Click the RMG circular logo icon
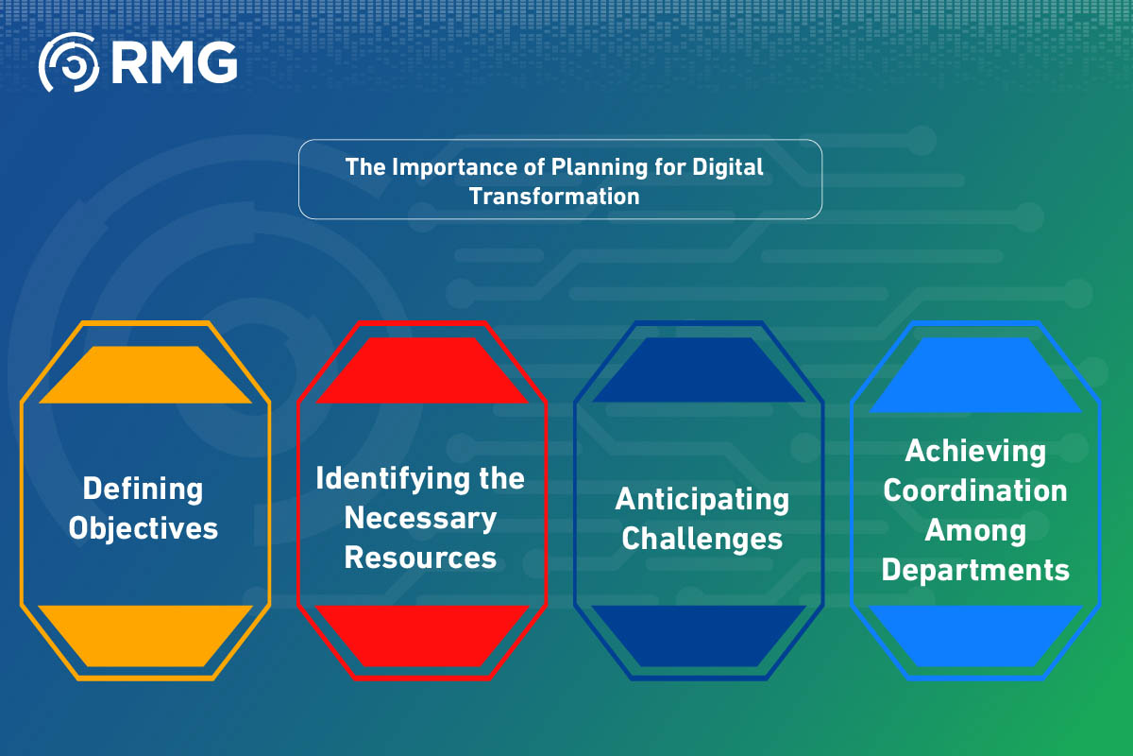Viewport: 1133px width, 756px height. pos(68,62)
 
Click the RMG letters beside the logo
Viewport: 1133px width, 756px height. pos(173,62)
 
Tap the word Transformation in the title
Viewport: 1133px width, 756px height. pos(554,196)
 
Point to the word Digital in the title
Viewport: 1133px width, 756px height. pos(729,167)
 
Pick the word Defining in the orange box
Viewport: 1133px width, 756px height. pos(143,489)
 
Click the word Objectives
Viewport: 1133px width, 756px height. pos(144,527)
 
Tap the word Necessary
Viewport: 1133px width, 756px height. pos(420,518)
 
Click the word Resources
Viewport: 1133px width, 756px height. pos(420,557)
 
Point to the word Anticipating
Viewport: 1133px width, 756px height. pos(702,499)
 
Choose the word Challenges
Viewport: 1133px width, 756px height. pos(702,538)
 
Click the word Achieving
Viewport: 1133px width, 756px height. pos(975,451)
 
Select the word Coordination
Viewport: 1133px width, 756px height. pos(975,490)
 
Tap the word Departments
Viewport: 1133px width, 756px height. pos(975,570)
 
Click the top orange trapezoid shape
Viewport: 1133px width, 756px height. pos(145,374)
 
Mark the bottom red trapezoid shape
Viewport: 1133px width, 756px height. pos(421,636)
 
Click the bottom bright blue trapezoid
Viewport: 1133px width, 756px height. pos(975,636)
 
